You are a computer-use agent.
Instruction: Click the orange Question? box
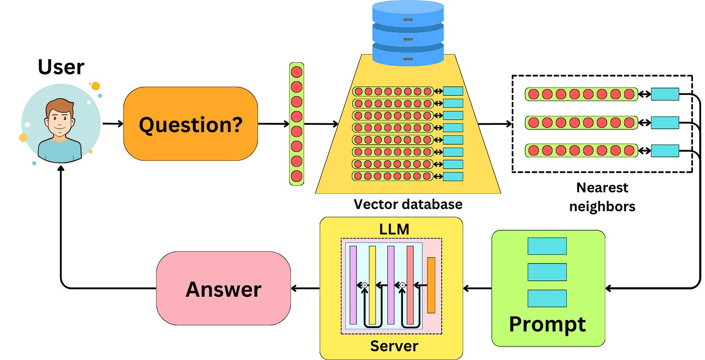[190, 124]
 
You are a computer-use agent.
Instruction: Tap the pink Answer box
[224, 288]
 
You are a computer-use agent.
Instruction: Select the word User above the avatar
[61, 67]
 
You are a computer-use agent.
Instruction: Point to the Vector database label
[408, 204]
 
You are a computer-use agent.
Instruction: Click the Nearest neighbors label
[602, 197]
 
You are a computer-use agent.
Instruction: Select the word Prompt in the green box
[548, 325]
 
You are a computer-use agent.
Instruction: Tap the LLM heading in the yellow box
[394, 229]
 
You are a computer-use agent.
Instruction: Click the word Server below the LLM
[394, 346]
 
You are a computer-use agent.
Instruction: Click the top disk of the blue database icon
[408, 13]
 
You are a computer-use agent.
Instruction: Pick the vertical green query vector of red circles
[296, 124]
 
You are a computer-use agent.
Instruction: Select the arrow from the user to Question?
[113, 123]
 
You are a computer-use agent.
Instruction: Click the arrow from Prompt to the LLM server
[477, 288]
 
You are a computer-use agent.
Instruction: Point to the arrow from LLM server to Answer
[305, 288]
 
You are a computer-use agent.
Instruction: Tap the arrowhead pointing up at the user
[61, 168]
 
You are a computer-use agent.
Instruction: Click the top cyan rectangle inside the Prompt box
[547, 246]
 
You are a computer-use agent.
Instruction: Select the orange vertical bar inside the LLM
[431, 285]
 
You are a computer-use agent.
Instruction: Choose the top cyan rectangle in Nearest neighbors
[665, 94]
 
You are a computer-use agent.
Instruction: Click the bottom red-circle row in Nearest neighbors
[582, 150]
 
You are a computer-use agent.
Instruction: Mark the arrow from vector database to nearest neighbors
[495, 124]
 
